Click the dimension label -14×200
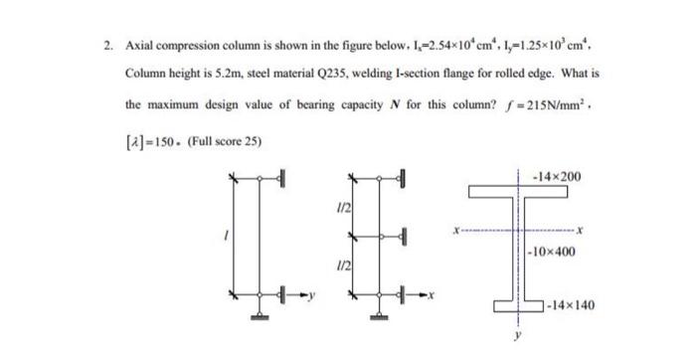[560, 176]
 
